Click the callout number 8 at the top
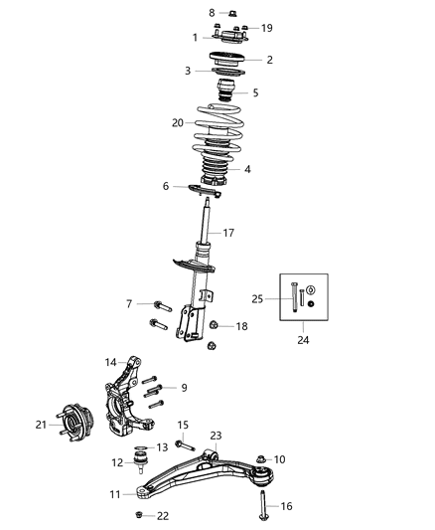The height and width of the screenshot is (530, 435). click(211, 12)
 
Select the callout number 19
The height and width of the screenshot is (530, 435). click(266, 29)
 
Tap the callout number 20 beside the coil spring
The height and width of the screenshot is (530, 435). click(178, 123)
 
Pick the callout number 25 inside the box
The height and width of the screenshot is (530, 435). click(257, 297)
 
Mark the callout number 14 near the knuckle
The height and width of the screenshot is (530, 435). click(111, 362)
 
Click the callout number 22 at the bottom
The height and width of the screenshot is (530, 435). click(164, 515)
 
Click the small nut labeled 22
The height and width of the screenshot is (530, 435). click(140, 514)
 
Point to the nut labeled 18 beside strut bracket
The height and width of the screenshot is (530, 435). click(216, 325)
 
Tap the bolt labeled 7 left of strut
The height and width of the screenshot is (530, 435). click(162, 305)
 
